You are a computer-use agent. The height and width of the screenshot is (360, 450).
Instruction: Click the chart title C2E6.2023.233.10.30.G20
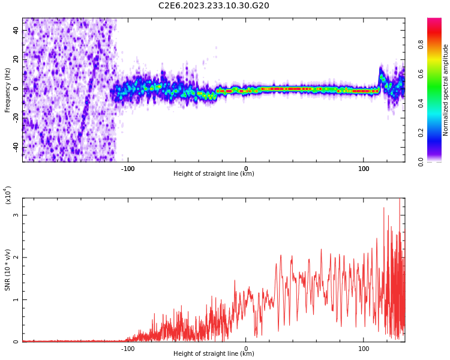pos(214,6)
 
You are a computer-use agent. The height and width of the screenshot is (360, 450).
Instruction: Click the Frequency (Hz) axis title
pos(8,90)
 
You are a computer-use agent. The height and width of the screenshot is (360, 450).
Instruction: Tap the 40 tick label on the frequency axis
pos(16,31)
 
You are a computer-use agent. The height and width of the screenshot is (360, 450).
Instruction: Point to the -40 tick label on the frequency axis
pos(16,147)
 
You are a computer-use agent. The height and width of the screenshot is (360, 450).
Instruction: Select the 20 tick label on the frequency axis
pos(16,59)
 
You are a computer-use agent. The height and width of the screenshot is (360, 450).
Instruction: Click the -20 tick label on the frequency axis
pos(16,118)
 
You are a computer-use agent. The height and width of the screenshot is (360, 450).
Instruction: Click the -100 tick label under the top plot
pos(128,168)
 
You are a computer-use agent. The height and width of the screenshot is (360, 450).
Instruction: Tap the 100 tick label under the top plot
pos(364,168)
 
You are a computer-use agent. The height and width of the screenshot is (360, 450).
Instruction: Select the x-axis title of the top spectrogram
pos(214,174)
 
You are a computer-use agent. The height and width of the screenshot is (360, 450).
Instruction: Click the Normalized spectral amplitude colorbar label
pos(446,90)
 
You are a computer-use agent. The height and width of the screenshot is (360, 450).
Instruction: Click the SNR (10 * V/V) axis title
pos(8,270)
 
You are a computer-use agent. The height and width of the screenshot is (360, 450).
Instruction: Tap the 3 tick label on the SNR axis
pos(16,215)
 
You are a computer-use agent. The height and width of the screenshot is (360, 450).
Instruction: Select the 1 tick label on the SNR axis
pos(16,300)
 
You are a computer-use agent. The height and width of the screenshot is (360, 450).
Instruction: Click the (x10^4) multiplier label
pos(8,194)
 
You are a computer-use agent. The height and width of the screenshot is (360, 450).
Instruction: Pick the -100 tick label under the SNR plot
pos(128,348)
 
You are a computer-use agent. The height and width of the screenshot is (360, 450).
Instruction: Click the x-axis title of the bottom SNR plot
pos(214,354)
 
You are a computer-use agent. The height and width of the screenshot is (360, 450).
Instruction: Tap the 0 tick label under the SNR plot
pos(246,348)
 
